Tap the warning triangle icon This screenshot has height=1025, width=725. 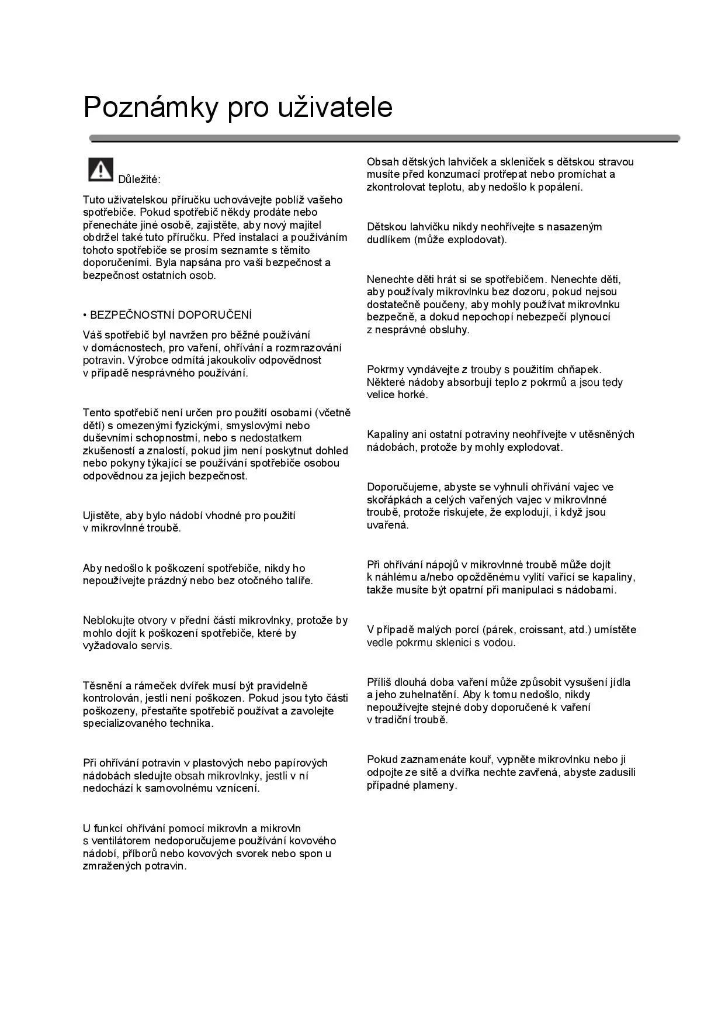click(x=100, y=170)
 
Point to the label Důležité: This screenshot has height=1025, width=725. click(x=139, y=179)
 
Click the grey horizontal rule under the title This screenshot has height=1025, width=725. click(x=384, y=139)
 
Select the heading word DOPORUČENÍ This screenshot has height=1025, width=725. click(x=214, y=315)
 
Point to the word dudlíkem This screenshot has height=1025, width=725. click(x=388, y=240)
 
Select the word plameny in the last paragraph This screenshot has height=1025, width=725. click(x=436, y=785)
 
